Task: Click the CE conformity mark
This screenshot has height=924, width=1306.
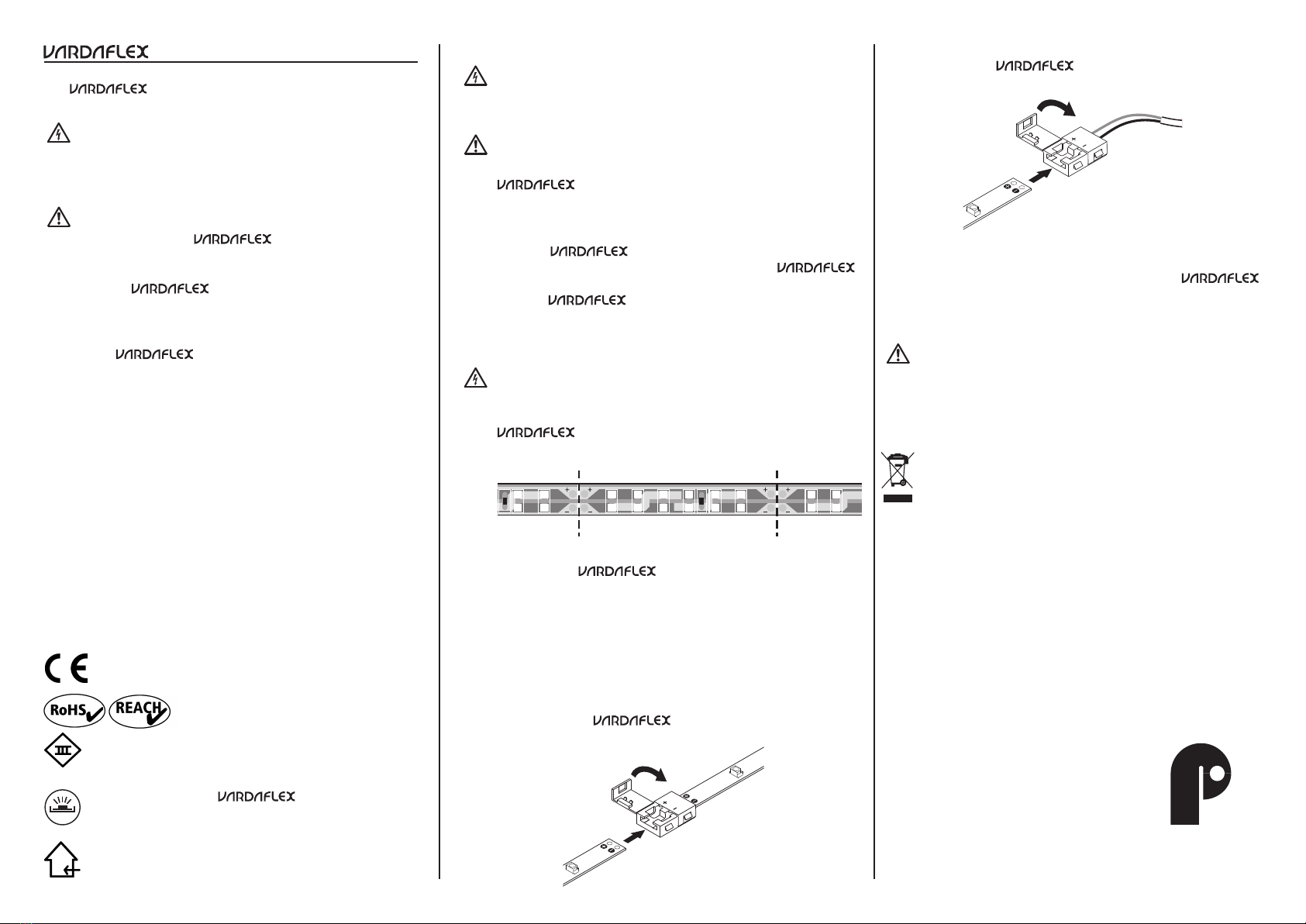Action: (x=66, y=668)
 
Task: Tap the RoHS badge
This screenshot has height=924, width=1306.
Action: (x=74, y=710)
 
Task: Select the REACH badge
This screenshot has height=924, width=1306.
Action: (x=140, y=710)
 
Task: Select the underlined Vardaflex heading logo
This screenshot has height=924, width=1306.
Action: (x=95, y=52)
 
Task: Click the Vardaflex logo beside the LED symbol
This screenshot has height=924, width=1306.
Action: (x=256, y=797)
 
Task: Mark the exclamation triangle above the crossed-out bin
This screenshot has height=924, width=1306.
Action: (x=898, y=354)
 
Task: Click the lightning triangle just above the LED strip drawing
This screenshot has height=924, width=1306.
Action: (x=475, y=378)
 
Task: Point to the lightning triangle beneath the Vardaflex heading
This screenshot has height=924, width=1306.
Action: (x=58, y=134)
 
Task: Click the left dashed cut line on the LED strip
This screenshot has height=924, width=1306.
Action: (x=579, y=503)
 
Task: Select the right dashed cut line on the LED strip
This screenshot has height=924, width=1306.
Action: (x=777, y=503)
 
